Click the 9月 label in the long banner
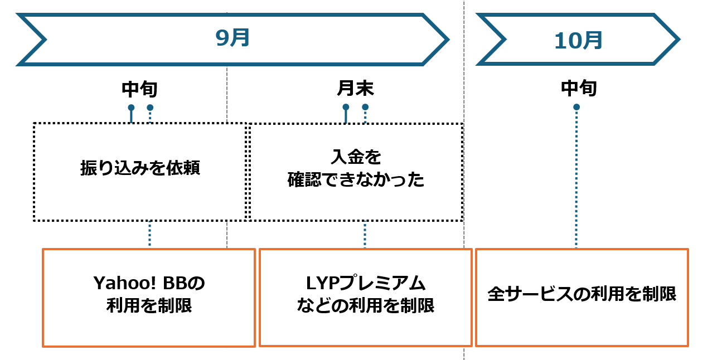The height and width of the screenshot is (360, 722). click(232, 38)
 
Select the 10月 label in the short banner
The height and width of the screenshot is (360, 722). click(578, 40)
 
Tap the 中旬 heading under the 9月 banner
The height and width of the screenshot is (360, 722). click(139, 89)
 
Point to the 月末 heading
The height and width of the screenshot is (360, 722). click(355, 89)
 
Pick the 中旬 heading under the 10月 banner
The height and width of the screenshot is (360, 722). click(579, 88)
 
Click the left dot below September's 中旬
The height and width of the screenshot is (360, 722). click(131, 108)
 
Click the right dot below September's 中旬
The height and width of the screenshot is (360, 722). click(150, 108)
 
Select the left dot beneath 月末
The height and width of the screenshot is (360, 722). click(346, 107)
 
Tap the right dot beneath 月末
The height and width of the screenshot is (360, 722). click(365, 107)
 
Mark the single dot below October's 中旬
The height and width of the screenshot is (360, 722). click(576, 107)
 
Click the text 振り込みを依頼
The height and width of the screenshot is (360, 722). click(139, 169)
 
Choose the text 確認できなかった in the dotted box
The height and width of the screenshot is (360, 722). click(356, 180)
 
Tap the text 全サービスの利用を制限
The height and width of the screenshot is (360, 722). click(582, 294)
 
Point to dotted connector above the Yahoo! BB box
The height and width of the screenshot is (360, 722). click(149, 234)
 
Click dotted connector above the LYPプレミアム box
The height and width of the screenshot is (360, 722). click(365, 235)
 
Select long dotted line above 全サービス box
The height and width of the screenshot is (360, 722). click(576, 178)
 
